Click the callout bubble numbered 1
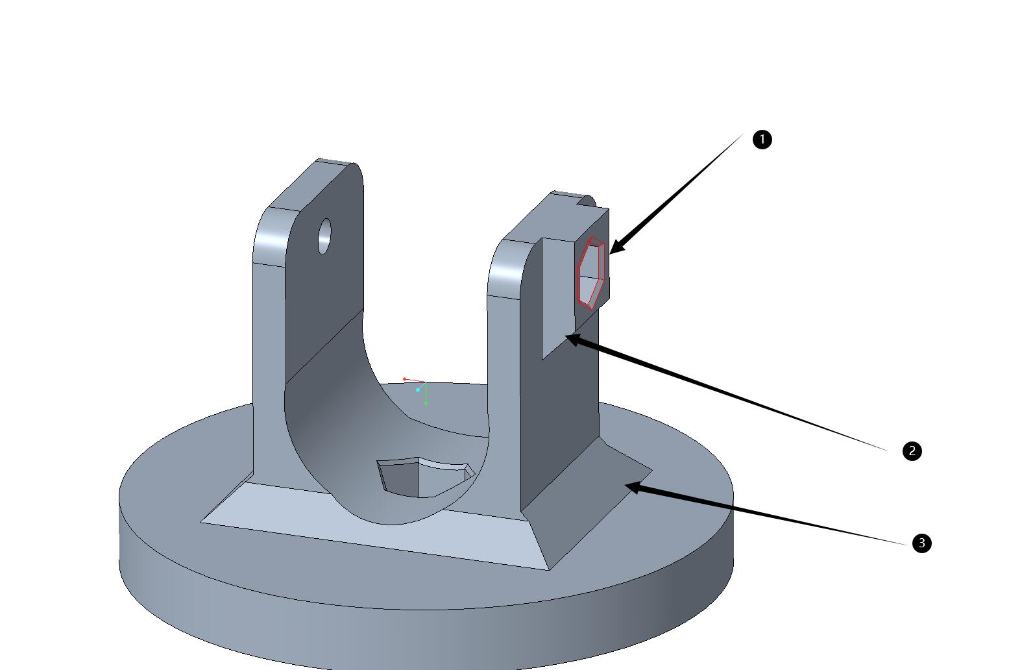pos(762,140)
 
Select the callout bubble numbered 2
pos(912,451)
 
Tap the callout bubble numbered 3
pos(921,543)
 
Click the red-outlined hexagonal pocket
pos(590,273)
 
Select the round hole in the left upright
pos(324,236)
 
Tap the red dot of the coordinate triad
pos(404,379)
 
